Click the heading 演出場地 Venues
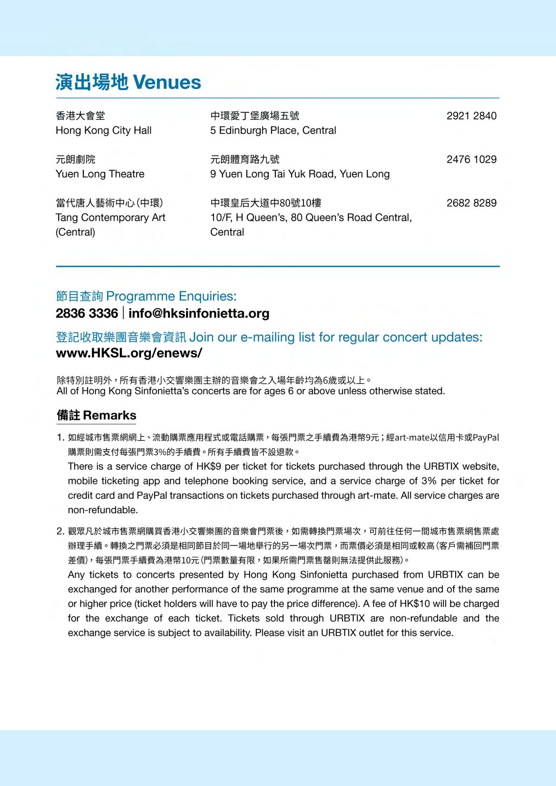click(128, 82)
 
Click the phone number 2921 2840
click(471, 116)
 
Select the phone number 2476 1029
click(471, 159)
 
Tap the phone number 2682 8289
click(471, 203)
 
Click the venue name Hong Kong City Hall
click(103, 130)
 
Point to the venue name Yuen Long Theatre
click(100, 174)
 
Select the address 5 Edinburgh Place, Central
click(273, 130)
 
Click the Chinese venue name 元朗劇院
click(76, 159)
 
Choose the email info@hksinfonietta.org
click(199, 313)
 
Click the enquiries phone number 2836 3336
click(87, 313)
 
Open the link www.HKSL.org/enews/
click(129, 353)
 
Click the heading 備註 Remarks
click(96, 415)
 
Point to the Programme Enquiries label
click(146, 296)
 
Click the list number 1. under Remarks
click(60, 437)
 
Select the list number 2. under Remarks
click(60, 531)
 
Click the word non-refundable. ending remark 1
click(103, 510)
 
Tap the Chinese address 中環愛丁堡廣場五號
click(254, 116)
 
